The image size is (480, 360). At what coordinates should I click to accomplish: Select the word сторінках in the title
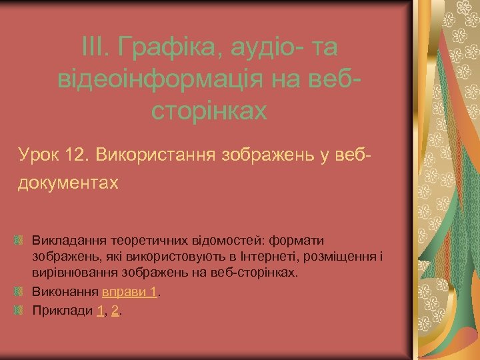(x=209, y=111)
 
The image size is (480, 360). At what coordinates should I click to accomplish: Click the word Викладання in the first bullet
(x=65, y=239)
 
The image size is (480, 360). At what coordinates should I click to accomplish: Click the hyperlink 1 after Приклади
(x=100, y=311)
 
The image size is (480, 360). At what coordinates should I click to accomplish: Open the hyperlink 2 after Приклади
(x=115, y=311)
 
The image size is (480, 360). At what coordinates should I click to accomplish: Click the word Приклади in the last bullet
(x=62, y=311)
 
